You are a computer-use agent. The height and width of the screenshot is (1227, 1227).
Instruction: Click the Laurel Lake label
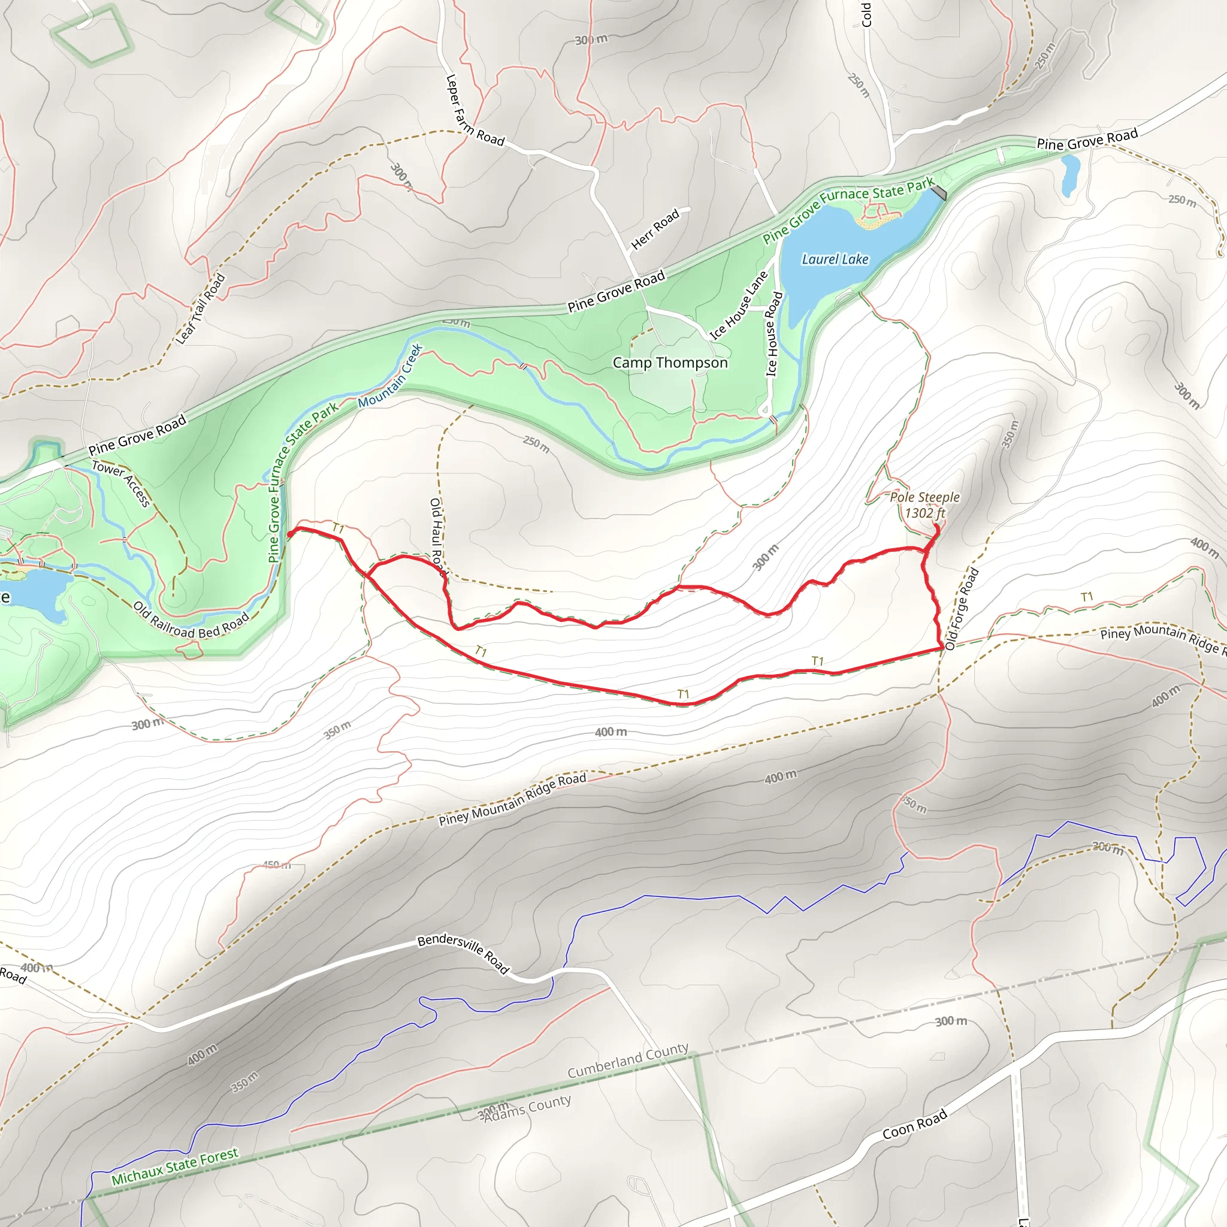835,259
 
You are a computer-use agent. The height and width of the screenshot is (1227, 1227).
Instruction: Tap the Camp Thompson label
670,362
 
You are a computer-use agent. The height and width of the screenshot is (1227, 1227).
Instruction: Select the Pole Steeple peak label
924,505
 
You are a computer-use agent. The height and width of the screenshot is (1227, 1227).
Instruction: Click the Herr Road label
655,229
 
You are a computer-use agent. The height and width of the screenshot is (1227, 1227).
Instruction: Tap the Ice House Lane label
738,306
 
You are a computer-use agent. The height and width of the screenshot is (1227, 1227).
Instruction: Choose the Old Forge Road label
962,609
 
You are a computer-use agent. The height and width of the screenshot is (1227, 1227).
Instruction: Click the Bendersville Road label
464,953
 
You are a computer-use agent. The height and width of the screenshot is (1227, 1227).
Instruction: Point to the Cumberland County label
627,1060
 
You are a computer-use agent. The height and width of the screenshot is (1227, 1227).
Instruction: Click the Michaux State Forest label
175,1166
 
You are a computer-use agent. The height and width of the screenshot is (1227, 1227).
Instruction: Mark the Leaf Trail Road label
200,309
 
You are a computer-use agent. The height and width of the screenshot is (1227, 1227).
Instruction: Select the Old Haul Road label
437,537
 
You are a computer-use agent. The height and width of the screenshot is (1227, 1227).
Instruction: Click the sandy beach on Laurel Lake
877,220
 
